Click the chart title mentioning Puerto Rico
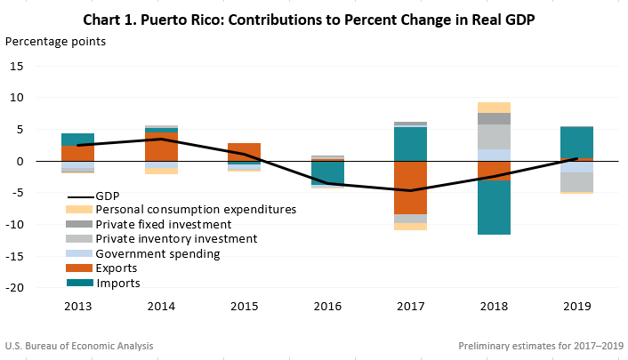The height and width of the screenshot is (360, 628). [314, 19]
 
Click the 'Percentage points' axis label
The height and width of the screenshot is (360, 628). [56, 42]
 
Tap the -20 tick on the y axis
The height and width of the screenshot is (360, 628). [38, 288]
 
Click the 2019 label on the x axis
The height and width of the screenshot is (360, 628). [577, 307]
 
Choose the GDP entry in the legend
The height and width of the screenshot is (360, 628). [107, 195]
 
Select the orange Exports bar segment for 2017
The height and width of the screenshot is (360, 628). [410, 188]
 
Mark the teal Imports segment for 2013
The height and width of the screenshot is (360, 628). [77, 140]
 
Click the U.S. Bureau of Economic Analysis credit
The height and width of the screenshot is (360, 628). [71, 346]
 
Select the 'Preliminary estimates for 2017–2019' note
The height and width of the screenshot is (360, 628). [541, 346]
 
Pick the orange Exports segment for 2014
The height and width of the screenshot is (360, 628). [161, 147]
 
